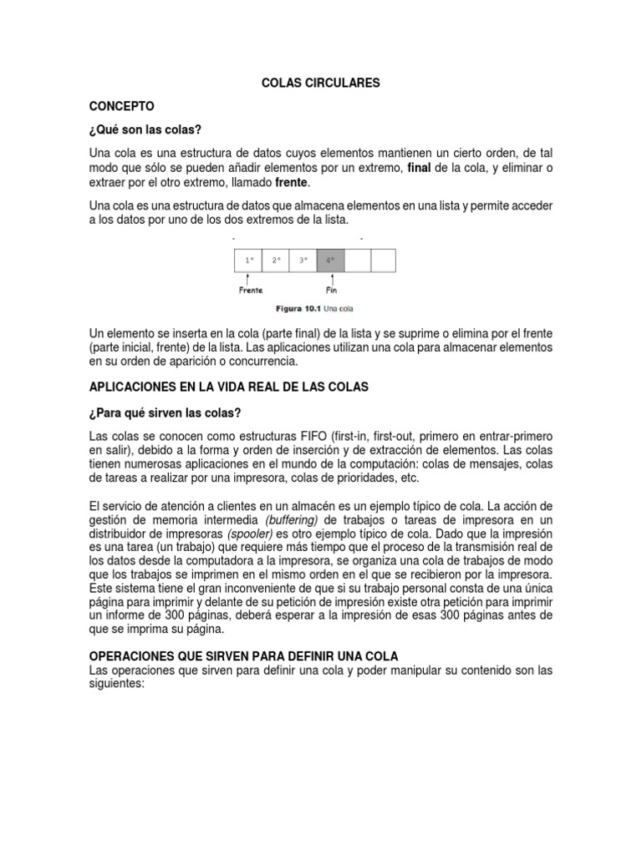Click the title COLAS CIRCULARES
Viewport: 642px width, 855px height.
(x=322, y=83)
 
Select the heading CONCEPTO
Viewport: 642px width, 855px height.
(x=121, y=107)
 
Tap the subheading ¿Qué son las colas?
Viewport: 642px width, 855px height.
(x=146, y=130)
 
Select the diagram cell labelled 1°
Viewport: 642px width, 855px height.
(x=248, y=261)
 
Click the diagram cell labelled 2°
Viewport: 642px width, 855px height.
(x=275, y=261)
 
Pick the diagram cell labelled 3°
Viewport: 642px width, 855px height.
(x=303, y=261)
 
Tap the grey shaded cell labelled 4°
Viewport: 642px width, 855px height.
(x=329, y=261)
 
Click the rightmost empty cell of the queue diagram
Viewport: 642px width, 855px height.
(x=383, y=261)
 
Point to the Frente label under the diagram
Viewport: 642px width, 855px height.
(x=249, y=291)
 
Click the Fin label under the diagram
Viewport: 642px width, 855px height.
(x=331, y=291)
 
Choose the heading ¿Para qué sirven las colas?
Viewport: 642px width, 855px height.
(x=166, y=412)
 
